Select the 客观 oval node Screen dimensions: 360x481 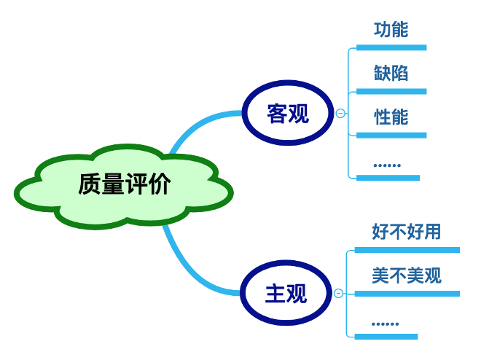pyautogui.click(x=288, y=113)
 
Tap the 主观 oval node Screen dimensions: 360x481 pyautogui.click(x=286, y=294)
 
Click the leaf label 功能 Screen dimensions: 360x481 pyautogui.click(x=391, y=30)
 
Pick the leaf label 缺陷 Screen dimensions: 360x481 pyautogui.click(x=391, y=73)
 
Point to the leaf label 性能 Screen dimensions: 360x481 pyautogui.click(x=391, y=117)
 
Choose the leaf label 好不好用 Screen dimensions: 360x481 pyautogui.click(x=406, y=232)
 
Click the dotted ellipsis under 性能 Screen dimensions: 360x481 pyautogui.click(x=387, y=165)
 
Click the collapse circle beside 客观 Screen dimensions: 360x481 pyautogui.click(x=340, y=113)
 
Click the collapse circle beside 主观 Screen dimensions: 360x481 pyautogui.click(x=338, y=294)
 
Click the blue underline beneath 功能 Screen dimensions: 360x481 pyautogui.click(x=391, y=48)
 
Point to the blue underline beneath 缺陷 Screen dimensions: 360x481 pyautogui.click(x=391, y=92)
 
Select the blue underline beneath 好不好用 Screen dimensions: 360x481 pyautogui.click(x=407, y=250)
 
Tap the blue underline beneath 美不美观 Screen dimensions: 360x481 pyautogui.click(x=407, y=294)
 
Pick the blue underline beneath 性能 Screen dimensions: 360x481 pyautogui.click(x=391, y=135)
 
